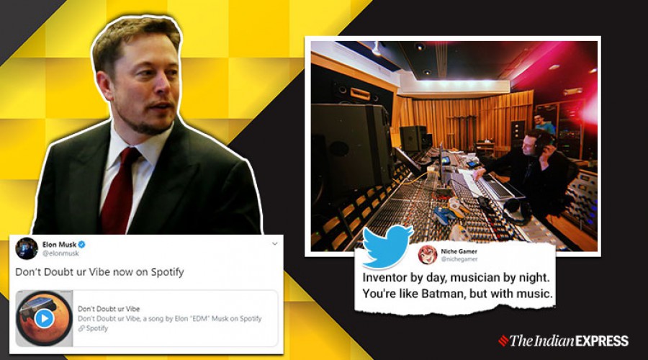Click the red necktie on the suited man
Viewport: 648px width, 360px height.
(x=120, y=190)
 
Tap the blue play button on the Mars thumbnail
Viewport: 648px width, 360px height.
(x=44, y=318)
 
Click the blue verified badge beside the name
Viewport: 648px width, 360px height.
(x=82, y=244)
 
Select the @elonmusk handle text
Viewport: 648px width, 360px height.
(x=60, y=253)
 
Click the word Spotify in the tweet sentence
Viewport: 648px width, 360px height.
(x=167, y=272)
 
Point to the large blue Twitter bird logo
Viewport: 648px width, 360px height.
(x=387, y=247)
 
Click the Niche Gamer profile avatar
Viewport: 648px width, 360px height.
(x=427, y=255)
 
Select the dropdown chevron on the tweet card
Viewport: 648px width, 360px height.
(x=275, y=244)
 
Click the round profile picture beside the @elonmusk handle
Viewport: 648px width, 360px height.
(x=27, y=248)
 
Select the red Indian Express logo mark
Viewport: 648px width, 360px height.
(x=503, y=341)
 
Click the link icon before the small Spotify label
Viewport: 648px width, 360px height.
(x=81, y=328)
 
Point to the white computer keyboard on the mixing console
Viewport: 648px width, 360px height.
(x=497, y=186)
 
